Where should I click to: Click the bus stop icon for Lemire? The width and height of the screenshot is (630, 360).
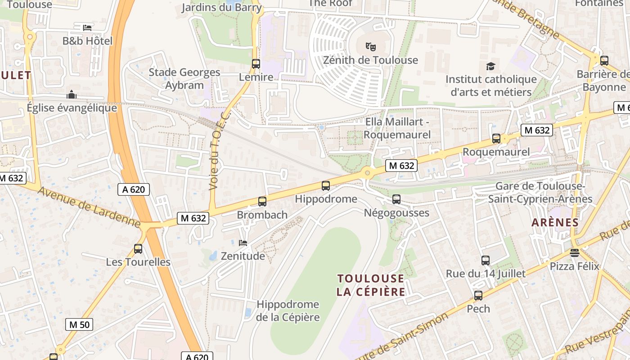click(256, 64)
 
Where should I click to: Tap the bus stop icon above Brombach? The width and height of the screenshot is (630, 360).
click(262, 202)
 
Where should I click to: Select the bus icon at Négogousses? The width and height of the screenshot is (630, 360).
click(396, 199)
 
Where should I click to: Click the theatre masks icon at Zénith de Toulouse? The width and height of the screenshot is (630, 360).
click(370, 46)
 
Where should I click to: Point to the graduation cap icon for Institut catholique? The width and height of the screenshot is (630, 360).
click(490, 66)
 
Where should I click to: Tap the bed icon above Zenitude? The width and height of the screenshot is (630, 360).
click(243, 243)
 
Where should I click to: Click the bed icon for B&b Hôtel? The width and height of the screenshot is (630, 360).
click(87, 27)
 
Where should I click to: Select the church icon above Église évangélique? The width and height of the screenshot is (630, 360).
click(71, 95)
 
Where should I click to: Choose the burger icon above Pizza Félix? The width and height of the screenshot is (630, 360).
click(574, 253)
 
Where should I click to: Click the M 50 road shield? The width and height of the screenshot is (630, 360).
click(79, 324)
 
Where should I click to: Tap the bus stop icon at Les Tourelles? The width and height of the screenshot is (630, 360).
click(138, 248)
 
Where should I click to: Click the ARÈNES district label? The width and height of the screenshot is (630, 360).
click(555, 222)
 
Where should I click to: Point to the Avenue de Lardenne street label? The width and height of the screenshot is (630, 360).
click(89, 207)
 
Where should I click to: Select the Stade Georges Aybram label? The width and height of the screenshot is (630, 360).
click(184, 79)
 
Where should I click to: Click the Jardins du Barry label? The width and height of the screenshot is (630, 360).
click(221, 8)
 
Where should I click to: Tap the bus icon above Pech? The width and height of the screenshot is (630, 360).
click(478, 296)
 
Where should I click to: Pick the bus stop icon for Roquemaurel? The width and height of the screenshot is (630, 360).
click(496, 139)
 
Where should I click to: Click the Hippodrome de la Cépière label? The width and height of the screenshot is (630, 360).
click(288, 311)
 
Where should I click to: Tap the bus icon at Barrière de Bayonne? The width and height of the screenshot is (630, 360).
click(604, 60)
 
